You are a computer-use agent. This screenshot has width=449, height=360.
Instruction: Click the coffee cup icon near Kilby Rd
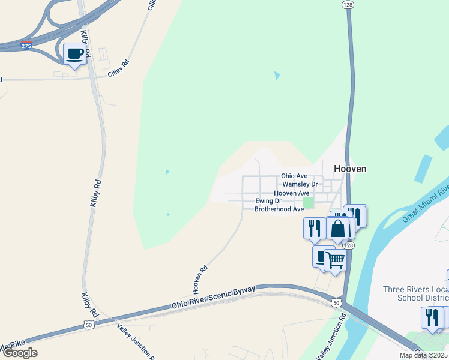point(74,54)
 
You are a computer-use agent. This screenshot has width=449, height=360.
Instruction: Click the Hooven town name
point(350,169)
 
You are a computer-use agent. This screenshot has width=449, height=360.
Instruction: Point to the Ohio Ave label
point(294,176)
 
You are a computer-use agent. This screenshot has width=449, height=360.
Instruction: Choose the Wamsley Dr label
point(300,184)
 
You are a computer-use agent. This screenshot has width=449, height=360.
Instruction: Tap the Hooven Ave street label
point(292,193)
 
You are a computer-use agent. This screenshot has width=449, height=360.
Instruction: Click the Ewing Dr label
point(268,201)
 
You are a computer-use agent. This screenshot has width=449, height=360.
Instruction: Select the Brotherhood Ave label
point(279,209)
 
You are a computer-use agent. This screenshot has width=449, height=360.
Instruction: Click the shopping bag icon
point(338,229)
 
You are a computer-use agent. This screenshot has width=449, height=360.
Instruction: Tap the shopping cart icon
point(335,260)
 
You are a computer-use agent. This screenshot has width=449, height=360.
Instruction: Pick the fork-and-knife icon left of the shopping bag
point(315,228)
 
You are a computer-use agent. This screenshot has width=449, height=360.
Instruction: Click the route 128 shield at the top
point(348,4)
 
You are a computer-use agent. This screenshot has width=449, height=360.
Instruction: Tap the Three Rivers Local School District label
point(415,293)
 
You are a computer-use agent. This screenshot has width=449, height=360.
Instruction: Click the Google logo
point(19,353)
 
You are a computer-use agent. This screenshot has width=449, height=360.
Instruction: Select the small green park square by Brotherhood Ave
point(308,203)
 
